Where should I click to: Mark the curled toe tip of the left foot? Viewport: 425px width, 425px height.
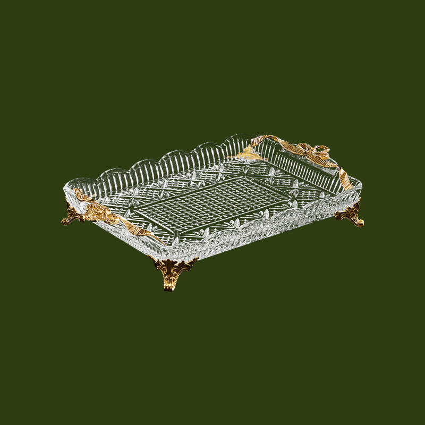click(x=63, y=222)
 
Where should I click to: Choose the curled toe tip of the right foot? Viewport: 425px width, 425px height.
click(x=361, y=224)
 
